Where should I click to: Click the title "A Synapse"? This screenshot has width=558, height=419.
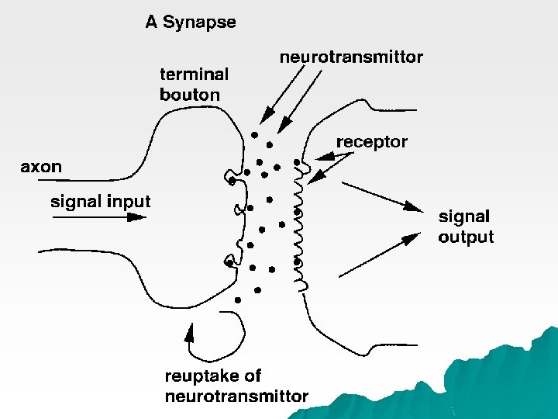coord(191,22)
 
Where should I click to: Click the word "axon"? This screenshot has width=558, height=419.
coord(41,166)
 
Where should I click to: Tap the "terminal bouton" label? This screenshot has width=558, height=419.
coord(194,85)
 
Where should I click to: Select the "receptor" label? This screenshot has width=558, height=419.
coord(371,142)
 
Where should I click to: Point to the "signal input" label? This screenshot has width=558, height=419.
coord(100,202)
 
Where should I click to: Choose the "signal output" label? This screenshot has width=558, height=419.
coord(465,227)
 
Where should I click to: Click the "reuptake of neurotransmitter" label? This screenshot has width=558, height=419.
coord(236,386)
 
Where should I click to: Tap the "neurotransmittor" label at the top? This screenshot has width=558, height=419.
coord(350,57)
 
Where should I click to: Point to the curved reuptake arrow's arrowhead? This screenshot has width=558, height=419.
coord(188,334)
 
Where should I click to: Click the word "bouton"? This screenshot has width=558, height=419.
coord(189,95)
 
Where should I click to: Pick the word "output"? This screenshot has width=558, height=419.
coord(465,237)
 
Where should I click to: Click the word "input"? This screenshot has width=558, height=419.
coord(129,202)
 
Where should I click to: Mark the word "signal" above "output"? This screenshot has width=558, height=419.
coord(464,216)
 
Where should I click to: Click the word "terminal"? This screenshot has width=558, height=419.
coord(194,74)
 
